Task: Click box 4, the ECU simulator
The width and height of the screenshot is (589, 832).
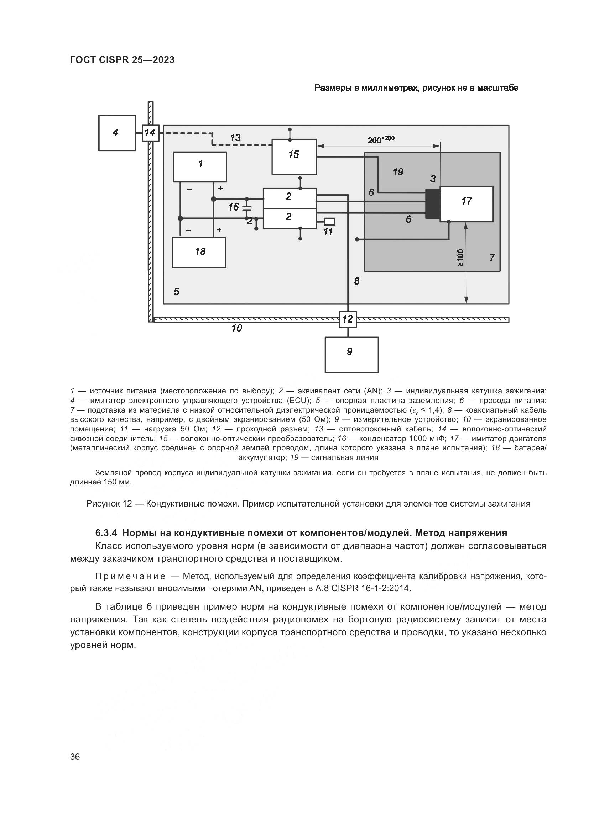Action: point(117,133)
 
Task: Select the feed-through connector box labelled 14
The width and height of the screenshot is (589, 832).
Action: point(150,133)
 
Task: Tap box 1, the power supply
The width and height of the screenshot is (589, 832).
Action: point(199,167)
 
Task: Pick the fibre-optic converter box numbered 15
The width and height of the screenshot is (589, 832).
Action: point(294,157)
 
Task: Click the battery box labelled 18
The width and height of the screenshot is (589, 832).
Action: point(199,253)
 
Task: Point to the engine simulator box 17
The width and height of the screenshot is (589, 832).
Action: point(466,204)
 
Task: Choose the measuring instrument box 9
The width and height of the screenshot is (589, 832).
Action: point(351,355)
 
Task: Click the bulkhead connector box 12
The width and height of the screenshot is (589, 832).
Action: point(348,319)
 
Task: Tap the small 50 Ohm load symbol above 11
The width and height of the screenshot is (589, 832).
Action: point(329,221)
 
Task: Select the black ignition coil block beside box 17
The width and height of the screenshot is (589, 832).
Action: point(432,204)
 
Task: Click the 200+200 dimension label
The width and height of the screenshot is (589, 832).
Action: point(380,139)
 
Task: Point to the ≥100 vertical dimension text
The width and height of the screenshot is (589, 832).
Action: point(460,258)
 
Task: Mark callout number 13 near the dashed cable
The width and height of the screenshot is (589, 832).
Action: point(235,138)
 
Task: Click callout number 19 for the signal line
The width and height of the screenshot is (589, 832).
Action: point(398,172)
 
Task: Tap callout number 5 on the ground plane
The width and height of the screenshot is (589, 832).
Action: point(176,291)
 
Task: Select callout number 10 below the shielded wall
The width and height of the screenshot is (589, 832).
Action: point(236,328)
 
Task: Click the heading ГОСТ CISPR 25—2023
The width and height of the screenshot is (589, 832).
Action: point(122,60)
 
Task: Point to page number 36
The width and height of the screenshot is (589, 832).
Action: point(75,757)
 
